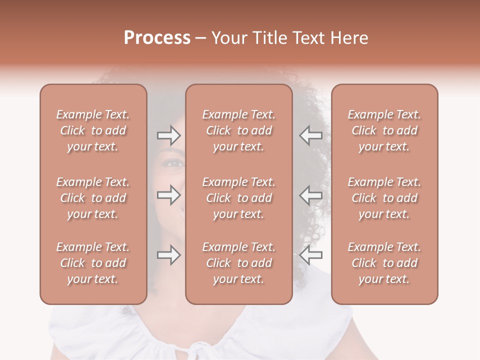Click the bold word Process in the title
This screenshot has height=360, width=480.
(x=157, y=38)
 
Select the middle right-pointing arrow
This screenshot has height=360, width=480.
(x=168, y=195)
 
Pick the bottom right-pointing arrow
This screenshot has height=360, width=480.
(x=168, y=255)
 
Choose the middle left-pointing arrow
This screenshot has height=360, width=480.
(x=310, y=195)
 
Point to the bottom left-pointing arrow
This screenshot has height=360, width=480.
(x=310, y=255)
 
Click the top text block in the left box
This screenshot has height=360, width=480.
(x=93, y=130)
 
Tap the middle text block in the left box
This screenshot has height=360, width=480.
(x=93, y=198)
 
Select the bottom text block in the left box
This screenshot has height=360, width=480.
(x=93, y=263)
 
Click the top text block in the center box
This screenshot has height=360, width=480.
(x=238, y=130)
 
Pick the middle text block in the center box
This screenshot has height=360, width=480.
(x=238, y=198)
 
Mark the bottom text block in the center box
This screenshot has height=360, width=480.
(x=238, y=263)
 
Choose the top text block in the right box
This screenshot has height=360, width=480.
(x=384, y=130)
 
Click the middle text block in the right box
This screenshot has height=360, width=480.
(x=384, y=198)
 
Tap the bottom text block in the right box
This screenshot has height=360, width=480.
(x=384, y=263)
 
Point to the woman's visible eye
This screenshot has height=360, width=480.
(x=175, y=163)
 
